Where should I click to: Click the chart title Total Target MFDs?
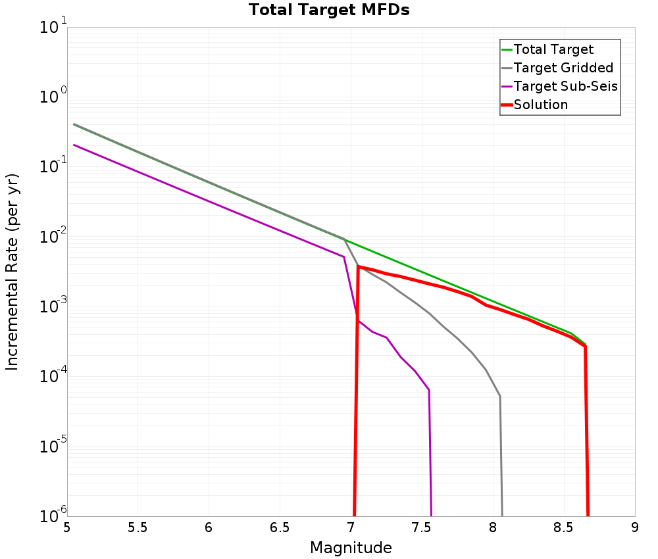(x=329, y=11)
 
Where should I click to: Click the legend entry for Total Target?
(x=553, y=49)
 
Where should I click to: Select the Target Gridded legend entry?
(x=563, y=68)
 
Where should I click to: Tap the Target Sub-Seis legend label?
(x=565, y=86)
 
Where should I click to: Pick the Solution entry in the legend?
(x=540, y=105)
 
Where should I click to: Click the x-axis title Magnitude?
(x=351, y=548)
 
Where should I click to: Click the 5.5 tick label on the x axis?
(x=138, y=527)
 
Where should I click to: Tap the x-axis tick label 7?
(x=351, y=527)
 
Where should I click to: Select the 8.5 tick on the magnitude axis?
(x=564, y=527)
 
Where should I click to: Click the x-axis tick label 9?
(x=635, y=527)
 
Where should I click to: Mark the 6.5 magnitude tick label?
(x=280, y=527)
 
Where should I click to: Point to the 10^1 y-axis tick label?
(x=53, y=28)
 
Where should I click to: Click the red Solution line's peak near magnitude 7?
(x=358, y=266)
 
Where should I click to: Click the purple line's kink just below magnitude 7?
(x=343, y=256)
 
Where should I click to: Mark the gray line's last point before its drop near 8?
(x=500, y=397)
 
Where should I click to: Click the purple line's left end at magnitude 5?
(x=74, y=145)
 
